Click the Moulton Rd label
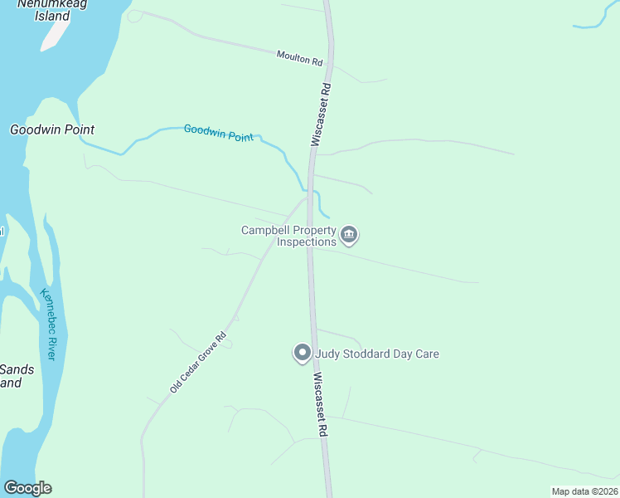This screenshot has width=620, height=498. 299,59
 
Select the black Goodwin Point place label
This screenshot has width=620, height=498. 51,129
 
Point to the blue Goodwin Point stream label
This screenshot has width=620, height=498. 218,133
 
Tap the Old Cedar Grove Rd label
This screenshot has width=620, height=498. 197,363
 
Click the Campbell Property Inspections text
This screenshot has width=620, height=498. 288,237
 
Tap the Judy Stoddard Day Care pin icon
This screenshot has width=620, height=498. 303,354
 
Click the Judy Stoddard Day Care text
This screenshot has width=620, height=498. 376,354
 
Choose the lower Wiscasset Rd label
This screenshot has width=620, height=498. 322,404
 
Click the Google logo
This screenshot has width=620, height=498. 27,488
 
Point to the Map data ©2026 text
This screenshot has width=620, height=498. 584,491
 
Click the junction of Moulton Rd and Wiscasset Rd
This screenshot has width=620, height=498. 330,62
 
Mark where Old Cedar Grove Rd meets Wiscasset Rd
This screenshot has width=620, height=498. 308,196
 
